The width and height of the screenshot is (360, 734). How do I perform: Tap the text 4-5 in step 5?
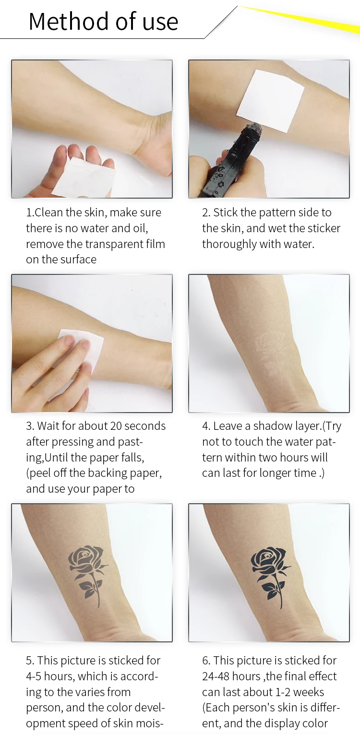click(x=34, y=676)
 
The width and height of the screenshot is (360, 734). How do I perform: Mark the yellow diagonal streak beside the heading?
click(x=299, y=19)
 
